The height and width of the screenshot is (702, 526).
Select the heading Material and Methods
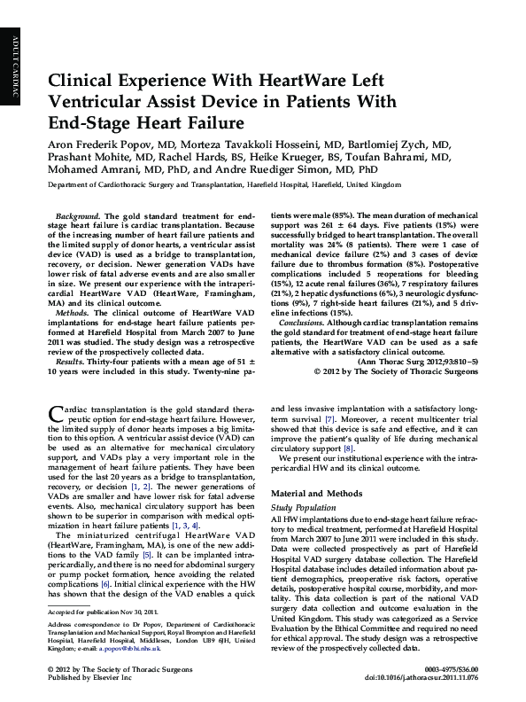coord(317,492)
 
